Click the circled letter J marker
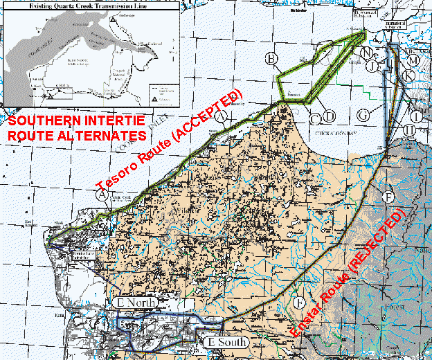pyautogui.click(x=372, y=66)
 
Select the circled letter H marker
pyautogui.click(x=410, y=129)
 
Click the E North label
pyautogui.click(x=138, y=303)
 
